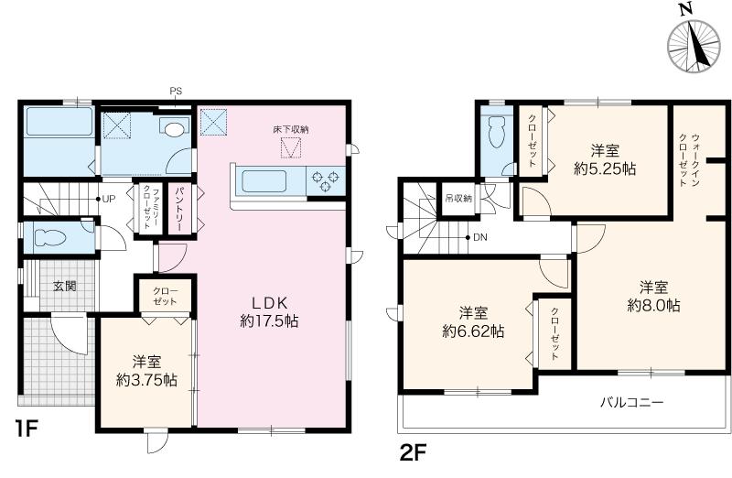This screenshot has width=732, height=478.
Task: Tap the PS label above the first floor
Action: [x=176, y=92]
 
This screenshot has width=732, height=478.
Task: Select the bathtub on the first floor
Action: [x=59, y=122]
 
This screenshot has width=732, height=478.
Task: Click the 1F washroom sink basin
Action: [x=174, y=128]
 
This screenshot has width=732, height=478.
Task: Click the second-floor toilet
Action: [x=495, y=132]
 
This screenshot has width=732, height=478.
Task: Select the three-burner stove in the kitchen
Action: [x=326, y=181]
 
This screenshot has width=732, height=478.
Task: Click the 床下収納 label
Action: [x=291, y=129]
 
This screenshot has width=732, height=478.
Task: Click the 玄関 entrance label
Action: [x=64, y=286]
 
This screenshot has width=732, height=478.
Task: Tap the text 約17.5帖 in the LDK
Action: [x=269, y=321]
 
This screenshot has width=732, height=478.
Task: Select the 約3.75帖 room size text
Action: [x=146, y=380]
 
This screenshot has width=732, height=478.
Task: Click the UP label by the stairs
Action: [x=108, y=199]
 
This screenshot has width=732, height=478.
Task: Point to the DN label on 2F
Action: [x=479, y=237]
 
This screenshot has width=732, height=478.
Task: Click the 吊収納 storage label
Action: [x=458, y=199]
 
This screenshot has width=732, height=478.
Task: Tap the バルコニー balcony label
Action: [x=631, y=402]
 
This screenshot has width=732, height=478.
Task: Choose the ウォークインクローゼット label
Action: [x=689, y=160]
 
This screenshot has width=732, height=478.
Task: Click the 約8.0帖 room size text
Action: [x=653, y=306]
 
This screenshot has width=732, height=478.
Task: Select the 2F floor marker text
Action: [x=414, y=452]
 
